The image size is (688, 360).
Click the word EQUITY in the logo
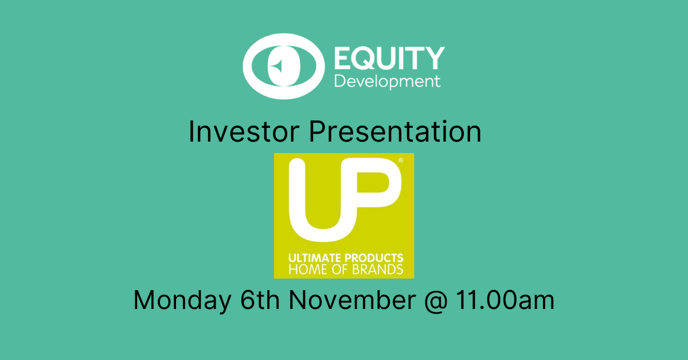[389, 58]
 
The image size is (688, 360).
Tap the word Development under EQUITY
[388, 82]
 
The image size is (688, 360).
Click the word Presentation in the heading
[395, 131]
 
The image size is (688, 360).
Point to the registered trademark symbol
[401, 160]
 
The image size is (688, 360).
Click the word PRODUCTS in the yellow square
[374, 258]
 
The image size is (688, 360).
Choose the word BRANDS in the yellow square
[377, 269]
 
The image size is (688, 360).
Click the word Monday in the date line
[182, 300]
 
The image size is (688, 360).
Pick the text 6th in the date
[260, 300]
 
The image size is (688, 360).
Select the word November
[352, 300]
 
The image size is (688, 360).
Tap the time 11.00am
[505, 300]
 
